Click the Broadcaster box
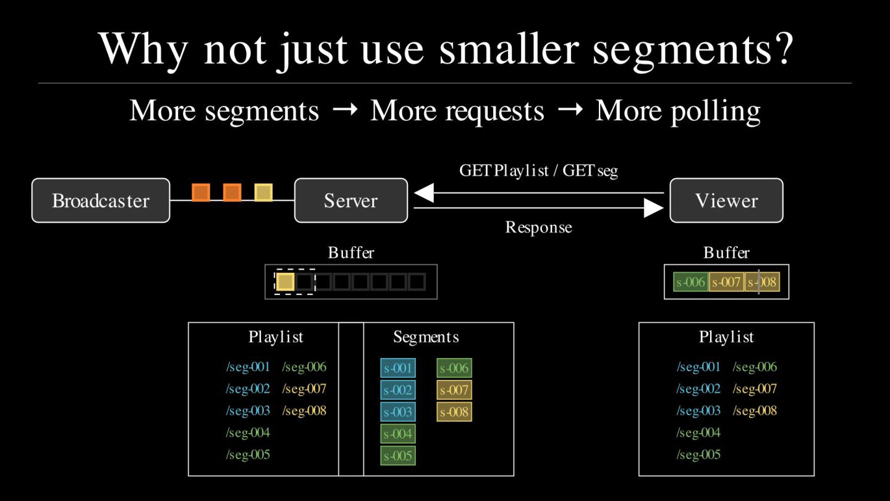(x=101, y=200)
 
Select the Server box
(x=350, y=200)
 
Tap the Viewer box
(x=726, y=200)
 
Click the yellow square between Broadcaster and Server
(x=263, y=192)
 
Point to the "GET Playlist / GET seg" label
(x=538, y=171)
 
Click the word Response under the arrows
(x=538, y=228)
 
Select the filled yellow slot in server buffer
(x=285, y=282)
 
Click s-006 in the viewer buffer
(x=690, y=282)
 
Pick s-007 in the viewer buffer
(x=726, y=282)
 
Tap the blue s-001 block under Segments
(x=398, y=368)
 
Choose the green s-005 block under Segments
(x=398, y=456)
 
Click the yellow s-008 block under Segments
(x=454, y=411)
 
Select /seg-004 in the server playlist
(x=248, y=432)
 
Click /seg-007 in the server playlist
(x=304, y=388)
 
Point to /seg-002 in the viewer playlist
(x=698, y=388)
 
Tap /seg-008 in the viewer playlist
(x=755, y=410)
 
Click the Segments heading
(x=426, y=337)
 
